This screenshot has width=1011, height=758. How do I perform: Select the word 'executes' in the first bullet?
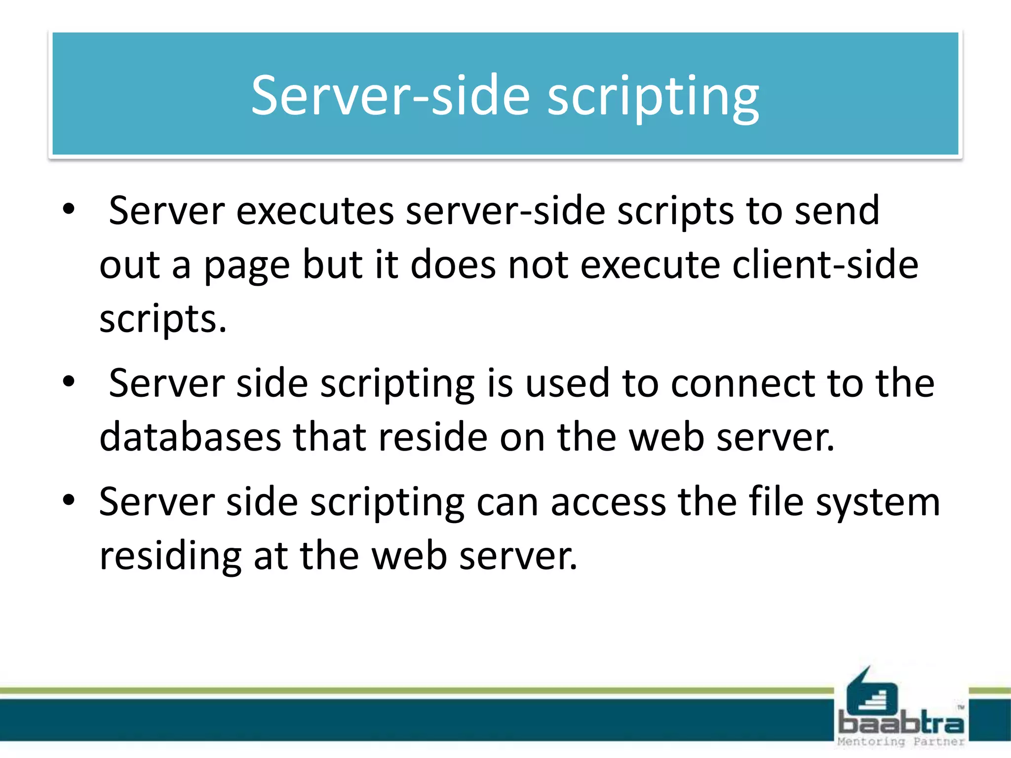pyautogui.click(x=315, y=211)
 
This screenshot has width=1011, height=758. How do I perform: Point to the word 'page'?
pyautogui.click(x=247, y=266)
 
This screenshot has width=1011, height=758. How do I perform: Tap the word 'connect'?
pyautogui.click(x=743, y=383)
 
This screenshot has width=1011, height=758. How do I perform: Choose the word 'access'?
pyautogui.click(x=608, y=502)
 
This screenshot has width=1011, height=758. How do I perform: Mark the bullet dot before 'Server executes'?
pyautogui.click(x=69, y=209)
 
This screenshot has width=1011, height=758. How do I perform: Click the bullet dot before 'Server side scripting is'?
pyautogui.click(x=69, y=381)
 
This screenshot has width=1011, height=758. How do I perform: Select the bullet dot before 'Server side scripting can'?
pyautogui.click(x=69, y=500)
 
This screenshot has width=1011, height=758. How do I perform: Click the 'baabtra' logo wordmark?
pyautogui.click(x=901, y=723)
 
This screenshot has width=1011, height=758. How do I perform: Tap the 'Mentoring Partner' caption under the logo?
pyautogui.click(x=901, y=741)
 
